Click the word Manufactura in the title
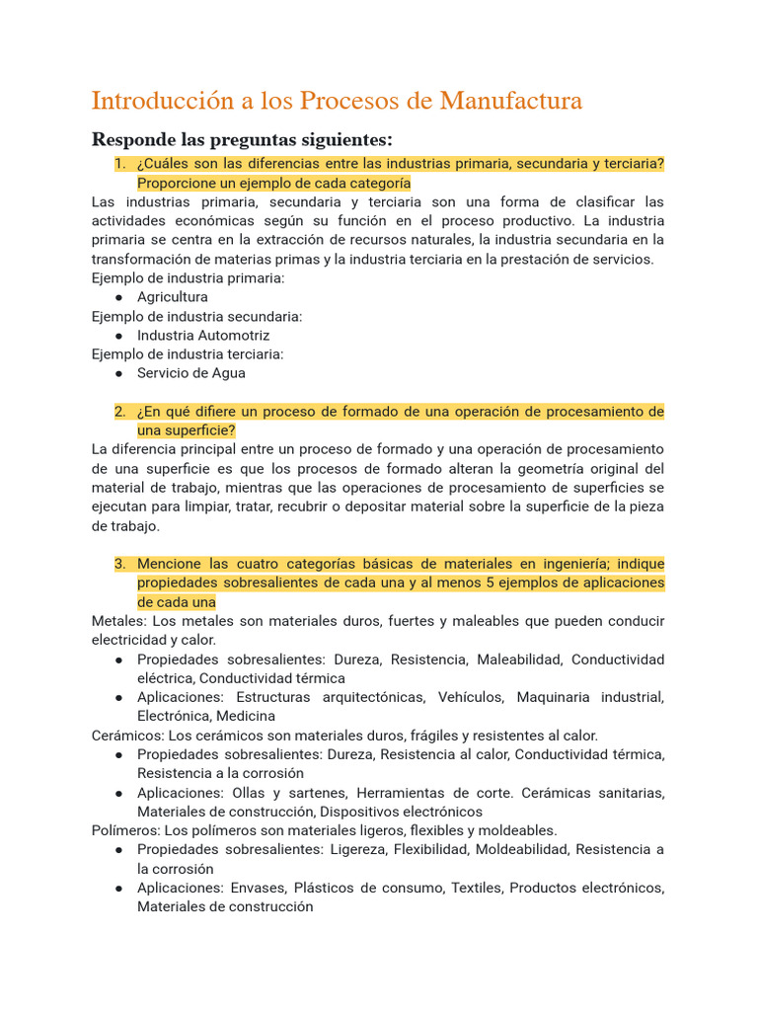coord(511,101)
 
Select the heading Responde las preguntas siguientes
coord(242,138)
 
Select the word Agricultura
coord(173,297)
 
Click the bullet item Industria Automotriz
coord(203,336)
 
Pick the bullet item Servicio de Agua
coord(191,373)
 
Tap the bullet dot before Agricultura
coord(118,297)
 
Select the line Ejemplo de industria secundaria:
coord(196,316)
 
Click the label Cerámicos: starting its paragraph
coord(128,736)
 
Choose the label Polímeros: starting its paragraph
coord(126,830)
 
